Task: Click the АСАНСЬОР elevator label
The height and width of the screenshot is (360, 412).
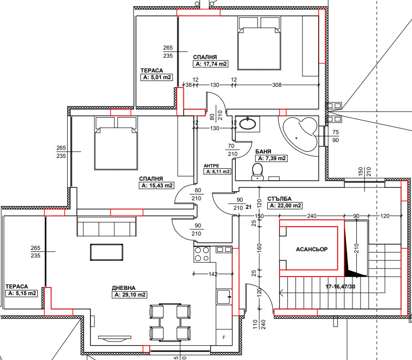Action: click(x=312, y=249)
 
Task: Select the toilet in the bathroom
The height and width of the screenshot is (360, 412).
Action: click(x=257, y=172)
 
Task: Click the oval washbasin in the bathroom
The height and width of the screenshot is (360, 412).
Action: click(x=248, y=123)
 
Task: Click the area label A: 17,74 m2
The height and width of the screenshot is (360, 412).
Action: click(x=211, y=64)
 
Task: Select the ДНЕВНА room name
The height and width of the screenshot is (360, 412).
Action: click(x=123, y=288)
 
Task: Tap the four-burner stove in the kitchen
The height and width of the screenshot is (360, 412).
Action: click(x=202, y=254)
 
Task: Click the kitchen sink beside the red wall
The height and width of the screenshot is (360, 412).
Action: click(x=224, y=297)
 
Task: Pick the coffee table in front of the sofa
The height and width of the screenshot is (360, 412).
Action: click(x=107, y=252)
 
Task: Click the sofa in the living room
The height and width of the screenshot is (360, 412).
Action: click(x=107, y=226)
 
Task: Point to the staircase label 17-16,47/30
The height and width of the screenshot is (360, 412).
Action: click(x=340, y=287)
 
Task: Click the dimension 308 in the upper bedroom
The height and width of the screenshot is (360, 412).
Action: click(x=277, y=85)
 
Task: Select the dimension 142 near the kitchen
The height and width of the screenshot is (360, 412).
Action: click(x=213, y=274)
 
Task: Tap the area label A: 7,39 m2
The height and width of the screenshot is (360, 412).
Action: click(x=271, y=158)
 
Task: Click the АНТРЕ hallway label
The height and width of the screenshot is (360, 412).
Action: click(x=211, y=165)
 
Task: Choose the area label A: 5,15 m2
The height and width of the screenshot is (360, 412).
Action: click(x=22, y=293)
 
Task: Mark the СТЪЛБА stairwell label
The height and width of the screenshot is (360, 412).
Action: click(x=279, y=199)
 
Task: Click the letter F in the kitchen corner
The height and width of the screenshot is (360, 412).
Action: click(x=224, y=338)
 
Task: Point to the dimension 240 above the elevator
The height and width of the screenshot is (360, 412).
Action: click(x=312, y=216)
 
